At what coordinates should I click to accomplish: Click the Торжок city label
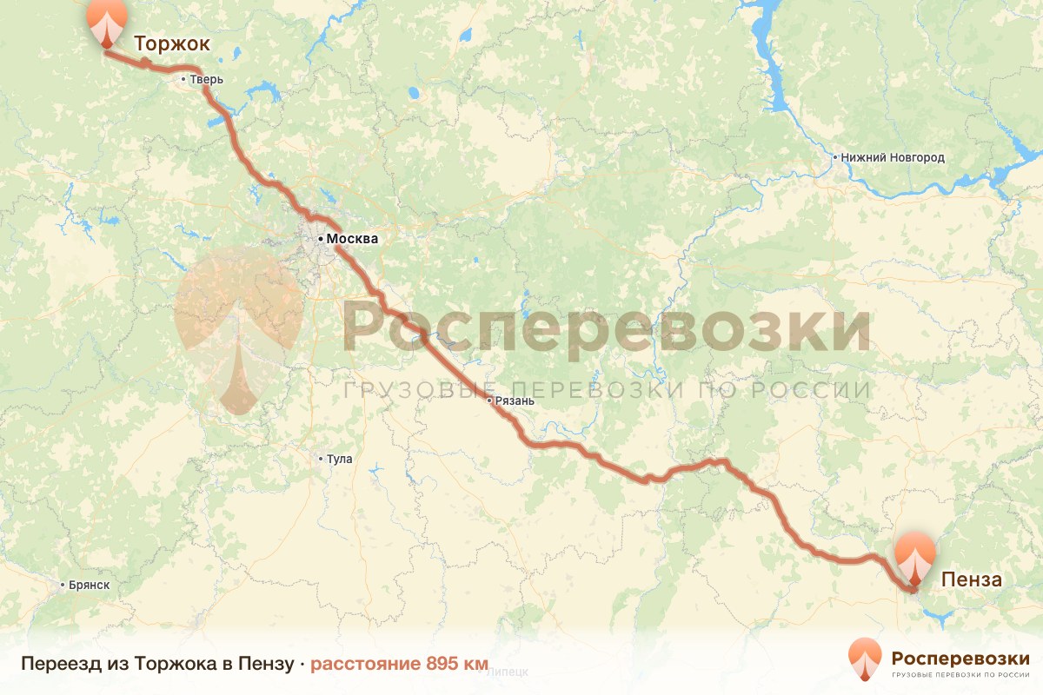coord(171,44)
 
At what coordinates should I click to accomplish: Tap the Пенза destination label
coord(970,579)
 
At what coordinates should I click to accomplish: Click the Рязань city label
coord(513,401)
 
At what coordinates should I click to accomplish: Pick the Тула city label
coord(338,459)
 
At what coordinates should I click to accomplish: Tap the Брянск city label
coord(90,585)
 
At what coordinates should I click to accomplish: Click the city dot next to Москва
coord(320,238)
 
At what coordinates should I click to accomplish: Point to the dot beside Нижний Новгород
coord(834,158)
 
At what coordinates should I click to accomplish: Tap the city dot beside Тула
coord(320,459)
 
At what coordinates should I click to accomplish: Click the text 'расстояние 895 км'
coord(400,664)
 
